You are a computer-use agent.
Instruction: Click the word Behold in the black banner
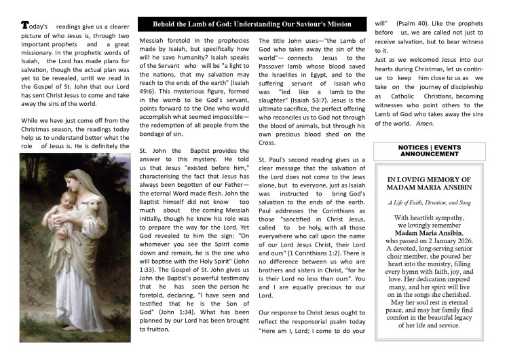(x=170, y=24)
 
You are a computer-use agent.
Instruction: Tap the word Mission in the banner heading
(x=337, y=24)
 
